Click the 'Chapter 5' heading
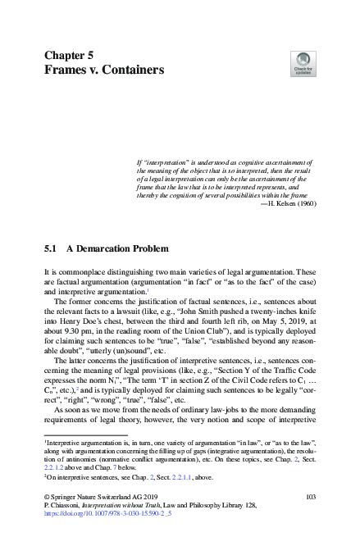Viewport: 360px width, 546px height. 68,56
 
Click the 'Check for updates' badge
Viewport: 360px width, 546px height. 303,64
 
